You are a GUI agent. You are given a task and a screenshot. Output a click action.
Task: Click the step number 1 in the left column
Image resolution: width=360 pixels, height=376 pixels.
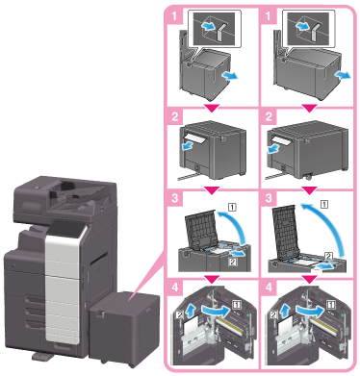[x=175, y=16]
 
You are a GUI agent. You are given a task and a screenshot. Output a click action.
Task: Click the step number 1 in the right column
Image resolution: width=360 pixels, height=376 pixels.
[x=269, y=16]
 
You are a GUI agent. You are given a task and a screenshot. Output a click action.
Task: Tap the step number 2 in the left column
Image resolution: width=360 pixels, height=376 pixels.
[x=175, y=116]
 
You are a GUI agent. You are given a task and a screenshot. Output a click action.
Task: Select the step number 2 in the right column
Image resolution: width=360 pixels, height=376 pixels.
[x=269, y=116]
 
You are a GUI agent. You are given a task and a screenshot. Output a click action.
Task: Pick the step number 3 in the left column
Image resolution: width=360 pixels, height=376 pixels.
[x=175, y=198]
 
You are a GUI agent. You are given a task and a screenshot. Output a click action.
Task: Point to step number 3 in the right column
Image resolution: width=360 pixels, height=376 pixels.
[x=269, y=198]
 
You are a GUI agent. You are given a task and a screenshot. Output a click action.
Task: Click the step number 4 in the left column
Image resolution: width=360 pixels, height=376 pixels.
[x=175, y=287]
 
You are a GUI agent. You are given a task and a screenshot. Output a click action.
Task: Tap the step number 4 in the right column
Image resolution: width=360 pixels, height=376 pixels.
[x=269, y=287]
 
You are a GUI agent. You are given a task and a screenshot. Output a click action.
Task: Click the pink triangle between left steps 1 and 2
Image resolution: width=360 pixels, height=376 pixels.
[x=212, y=109]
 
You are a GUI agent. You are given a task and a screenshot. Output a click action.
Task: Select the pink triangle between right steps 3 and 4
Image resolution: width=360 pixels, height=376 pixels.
[x=309, y=280]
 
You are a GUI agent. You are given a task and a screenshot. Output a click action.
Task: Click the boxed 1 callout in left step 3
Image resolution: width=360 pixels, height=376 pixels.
[x=232, y=207]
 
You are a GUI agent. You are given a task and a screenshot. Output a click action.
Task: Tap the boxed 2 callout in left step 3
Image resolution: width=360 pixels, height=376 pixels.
[x=233, y=262]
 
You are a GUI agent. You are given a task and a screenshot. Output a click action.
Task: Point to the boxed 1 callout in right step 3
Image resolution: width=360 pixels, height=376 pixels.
[x=324, y=204]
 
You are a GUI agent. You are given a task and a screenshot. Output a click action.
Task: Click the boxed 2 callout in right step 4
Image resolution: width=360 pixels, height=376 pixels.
[x=273, y=315]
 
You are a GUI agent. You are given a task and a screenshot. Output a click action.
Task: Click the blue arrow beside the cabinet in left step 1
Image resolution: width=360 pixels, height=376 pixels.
[x=230, y=76]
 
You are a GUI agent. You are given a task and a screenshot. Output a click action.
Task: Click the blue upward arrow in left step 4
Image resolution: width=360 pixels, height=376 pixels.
[x=191, y=311]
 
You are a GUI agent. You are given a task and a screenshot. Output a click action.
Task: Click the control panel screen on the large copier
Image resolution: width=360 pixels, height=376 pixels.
[x=65, y=230]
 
